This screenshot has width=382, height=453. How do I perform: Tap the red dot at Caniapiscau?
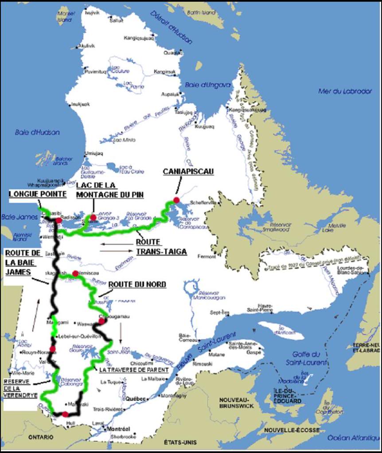(176, 200)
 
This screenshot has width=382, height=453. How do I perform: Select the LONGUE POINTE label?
(38, 194)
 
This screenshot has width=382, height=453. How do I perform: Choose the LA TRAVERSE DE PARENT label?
(134, 369)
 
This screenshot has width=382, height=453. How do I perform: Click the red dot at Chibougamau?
(101, 321)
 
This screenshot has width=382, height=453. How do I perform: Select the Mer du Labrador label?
(339, 91)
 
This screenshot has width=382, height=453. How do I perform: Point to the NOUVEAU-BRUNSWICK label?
(236, 403)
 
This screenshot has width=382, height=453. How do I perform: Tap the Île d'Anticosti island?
(275, 330)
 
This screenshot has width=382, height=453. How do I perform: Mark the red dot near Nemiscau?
(75, 273)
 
